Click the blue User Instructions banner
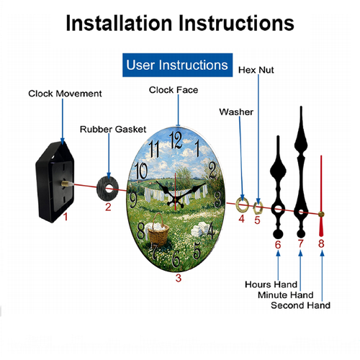click(x=177, y=65)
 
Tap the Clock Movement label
click(x=65, y=94)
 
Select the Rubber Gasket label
click(x=113, y=130)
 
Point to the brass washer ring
click(x=237, y=204)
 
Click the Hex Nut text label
click(x=256, y=70)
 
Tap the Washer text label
click(x=236, y=112)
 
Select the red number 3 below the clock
click(x=179, y=278)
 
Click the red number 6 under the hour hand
click(x=278, y=245)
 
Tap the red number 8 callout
click(x=321, y=243)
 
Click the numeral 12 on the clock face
click(x=176, y=140)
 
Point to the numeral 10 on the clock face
click(x=141, y=170)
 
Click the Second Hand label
click(x=300, y=305)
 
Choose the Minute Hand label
click(x=286, y=295)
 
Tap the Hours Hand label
click(x=271, y=284)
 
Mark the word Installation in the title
click(x=119, y=23)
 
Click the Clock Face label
click(x=174, y=90)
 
